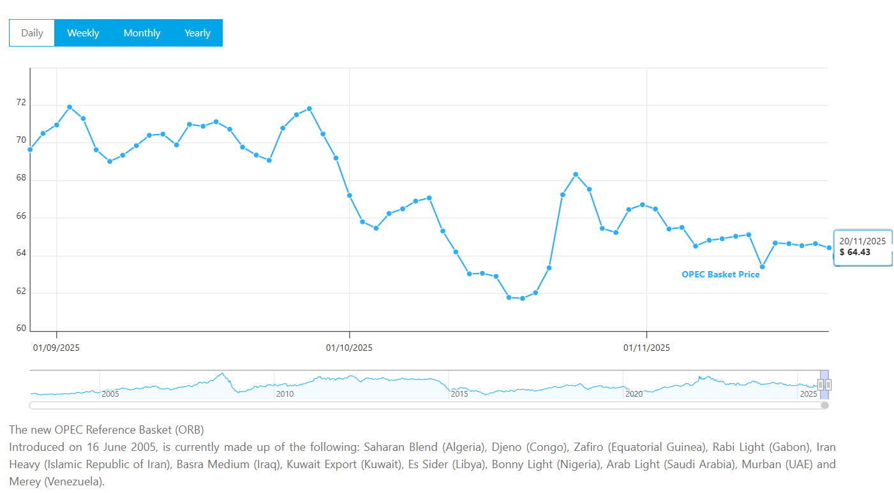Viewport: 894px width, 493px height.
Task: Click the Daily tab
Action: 32,33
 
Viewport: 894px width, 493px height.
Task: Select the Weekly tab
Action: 83,33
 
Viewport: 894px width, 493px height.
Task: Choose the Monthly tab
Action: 142,33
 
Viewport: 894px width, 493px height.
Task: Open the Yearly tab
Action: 197,33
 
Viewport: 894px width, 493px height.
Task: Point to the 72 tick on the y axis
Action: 21,103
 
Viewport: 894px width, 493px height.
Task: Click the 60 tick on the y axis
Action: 21,329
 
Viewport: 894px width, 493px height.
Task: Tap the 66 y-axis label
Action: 21,216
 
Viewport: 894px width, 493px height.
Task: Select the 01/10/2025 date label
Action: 349,348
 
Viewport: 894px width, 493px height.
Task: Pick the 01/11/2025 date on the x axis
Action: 646,348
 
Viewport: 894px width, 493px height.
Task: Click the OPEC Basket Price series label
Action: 720,275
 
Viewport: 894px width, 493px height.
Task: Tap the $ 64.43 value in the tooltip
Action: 855,253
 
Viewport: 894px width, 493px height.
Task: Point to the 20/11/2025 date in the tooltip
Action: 862,241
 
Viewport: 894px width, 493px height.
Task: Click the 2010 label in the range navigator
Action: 285,394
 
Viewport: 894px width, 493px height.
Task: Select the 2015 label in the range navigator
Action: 459,394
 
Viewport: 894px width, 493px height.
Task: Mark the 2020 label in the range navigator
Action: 634,394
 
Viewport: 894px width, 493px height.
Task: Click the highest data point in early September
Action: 70,107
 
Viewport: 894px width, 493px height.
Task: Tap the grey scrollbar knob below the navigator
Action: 824,405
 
